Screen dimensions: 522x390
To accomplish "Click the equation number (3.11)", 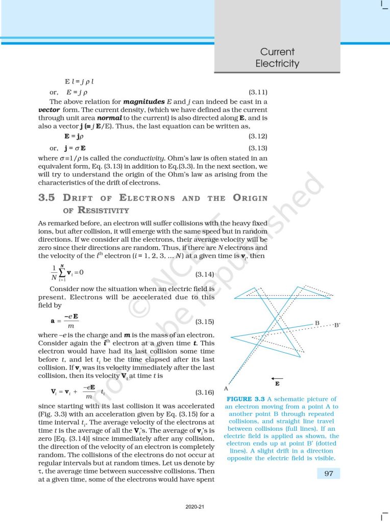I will pyautogui.click(x=258, y=92).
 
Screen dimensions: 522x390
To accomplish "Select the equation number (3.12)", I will pyautogui.click(x=258, y=136).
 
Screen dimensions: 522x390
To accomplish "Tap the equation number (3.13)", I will pyautogui.click(x=258, y=148).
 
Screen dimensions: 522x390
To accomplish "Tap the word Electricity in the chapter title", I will pyautogui.click(x=277, y=64).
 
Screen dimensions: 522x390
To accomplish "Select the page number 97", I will pyautogui.click(x=325, y=474).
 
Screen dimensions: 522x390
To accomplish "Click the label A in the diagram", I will pyautogui.click(x=226, y=388).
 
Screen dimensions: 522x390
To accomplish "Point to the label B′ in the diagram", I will pyautogui.click(x=337, y=325).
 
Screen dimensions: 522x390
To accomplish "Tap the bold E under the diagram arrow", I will pyautogui.click(x=277, y=383).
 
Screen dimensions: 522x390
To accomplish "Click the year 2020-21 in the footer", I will pyautogui.click(x=194, y=507).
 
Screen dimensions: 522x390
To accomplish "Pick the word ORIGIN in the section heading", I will pyautogui.click(x=250, y=198).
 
